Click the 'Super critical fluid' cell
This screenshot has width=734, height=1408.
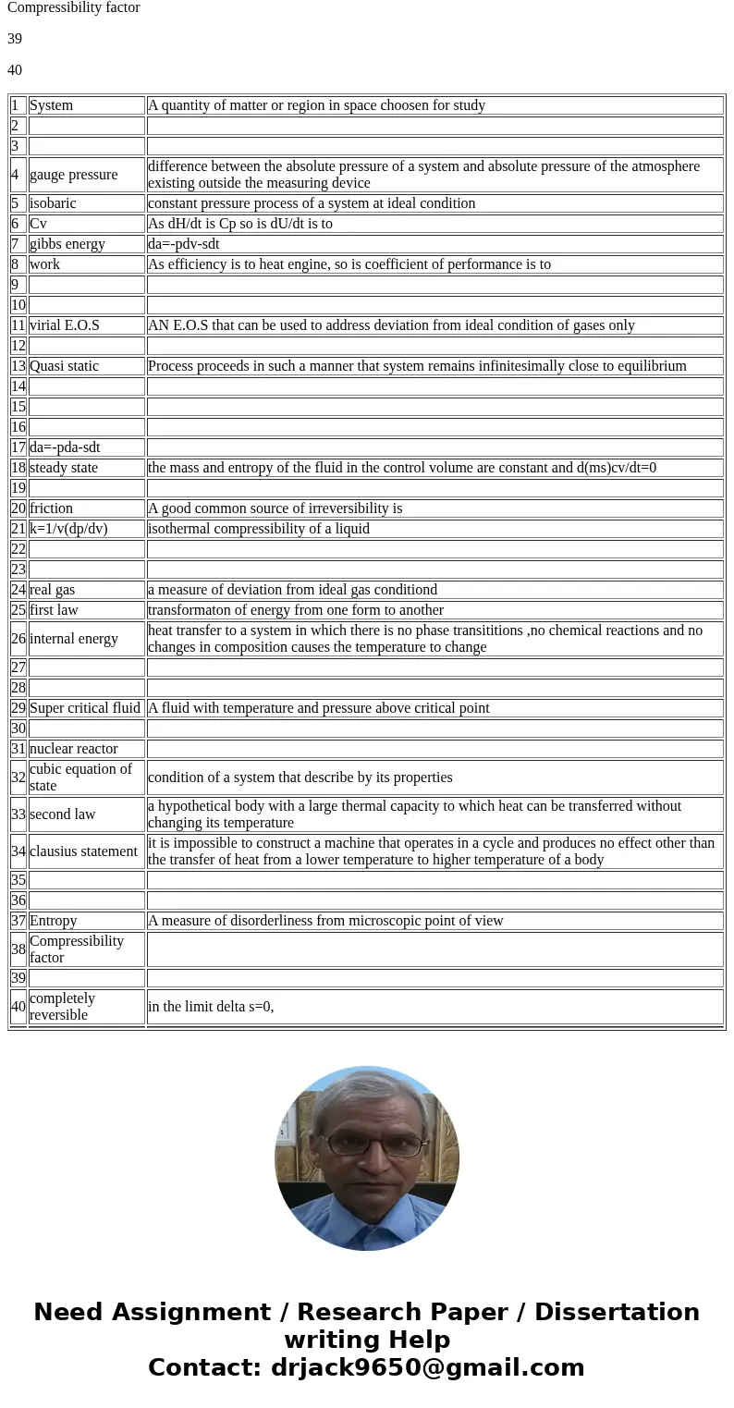85,708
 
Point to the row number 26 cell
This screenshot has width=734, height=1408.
18,639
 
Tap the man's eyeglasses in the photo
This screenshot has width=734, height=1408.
368,1145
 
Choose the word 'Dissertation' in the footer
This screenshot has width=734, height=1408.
617,1313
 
